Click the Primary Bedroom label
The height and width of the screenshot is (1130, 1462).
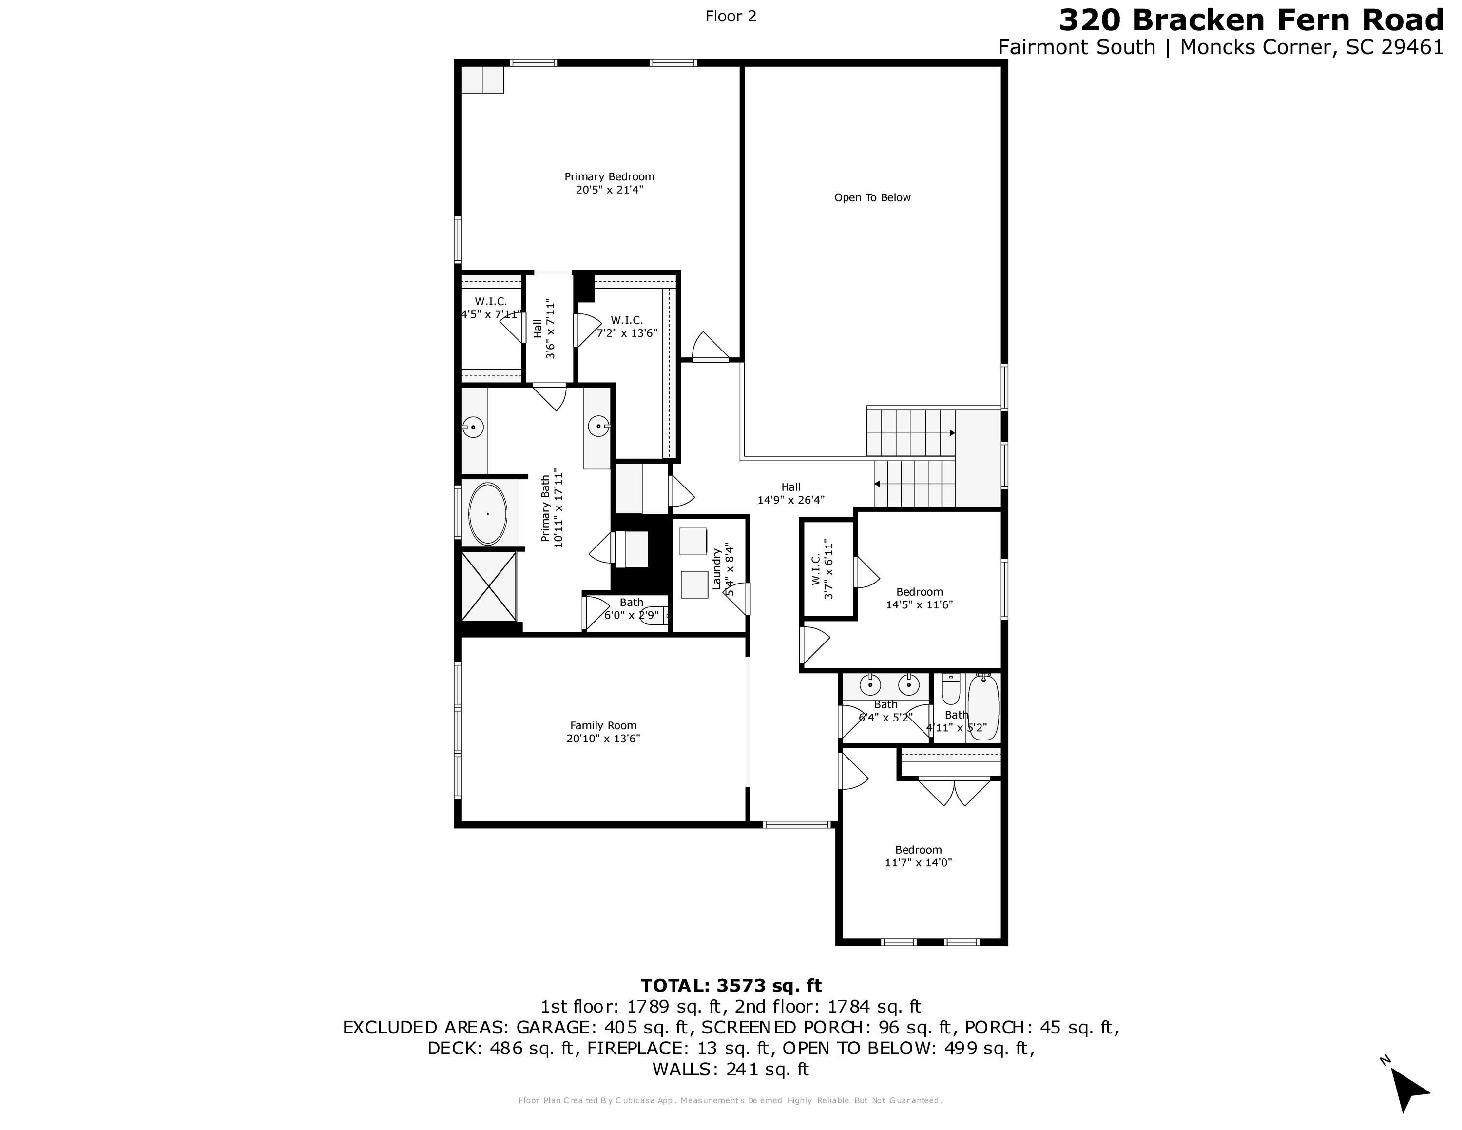(x=609, y=177)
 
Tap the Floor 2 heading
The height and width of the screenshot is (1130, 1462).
(x=731, y=16)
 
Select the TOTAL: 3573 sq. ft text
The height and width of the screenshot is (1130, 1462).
(x=731, y=985)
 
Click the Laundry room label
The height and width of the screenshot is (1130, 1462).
(x=716, y=569)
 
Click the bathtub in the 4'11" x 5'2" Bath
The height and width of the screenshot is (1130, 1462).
(x=982, y=707)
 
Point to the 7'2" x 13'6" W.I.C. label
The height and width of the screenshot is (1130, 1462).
(x=627, y=327)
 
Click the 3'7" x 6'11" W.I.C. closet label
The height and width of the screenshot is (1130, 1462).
(x=822, y=569)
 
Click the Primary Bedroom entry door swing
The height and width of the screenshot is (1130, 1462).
(x=709, y=347)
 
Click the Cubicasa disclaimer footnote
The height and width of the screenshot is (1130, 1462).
(x=731, y=1100)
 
